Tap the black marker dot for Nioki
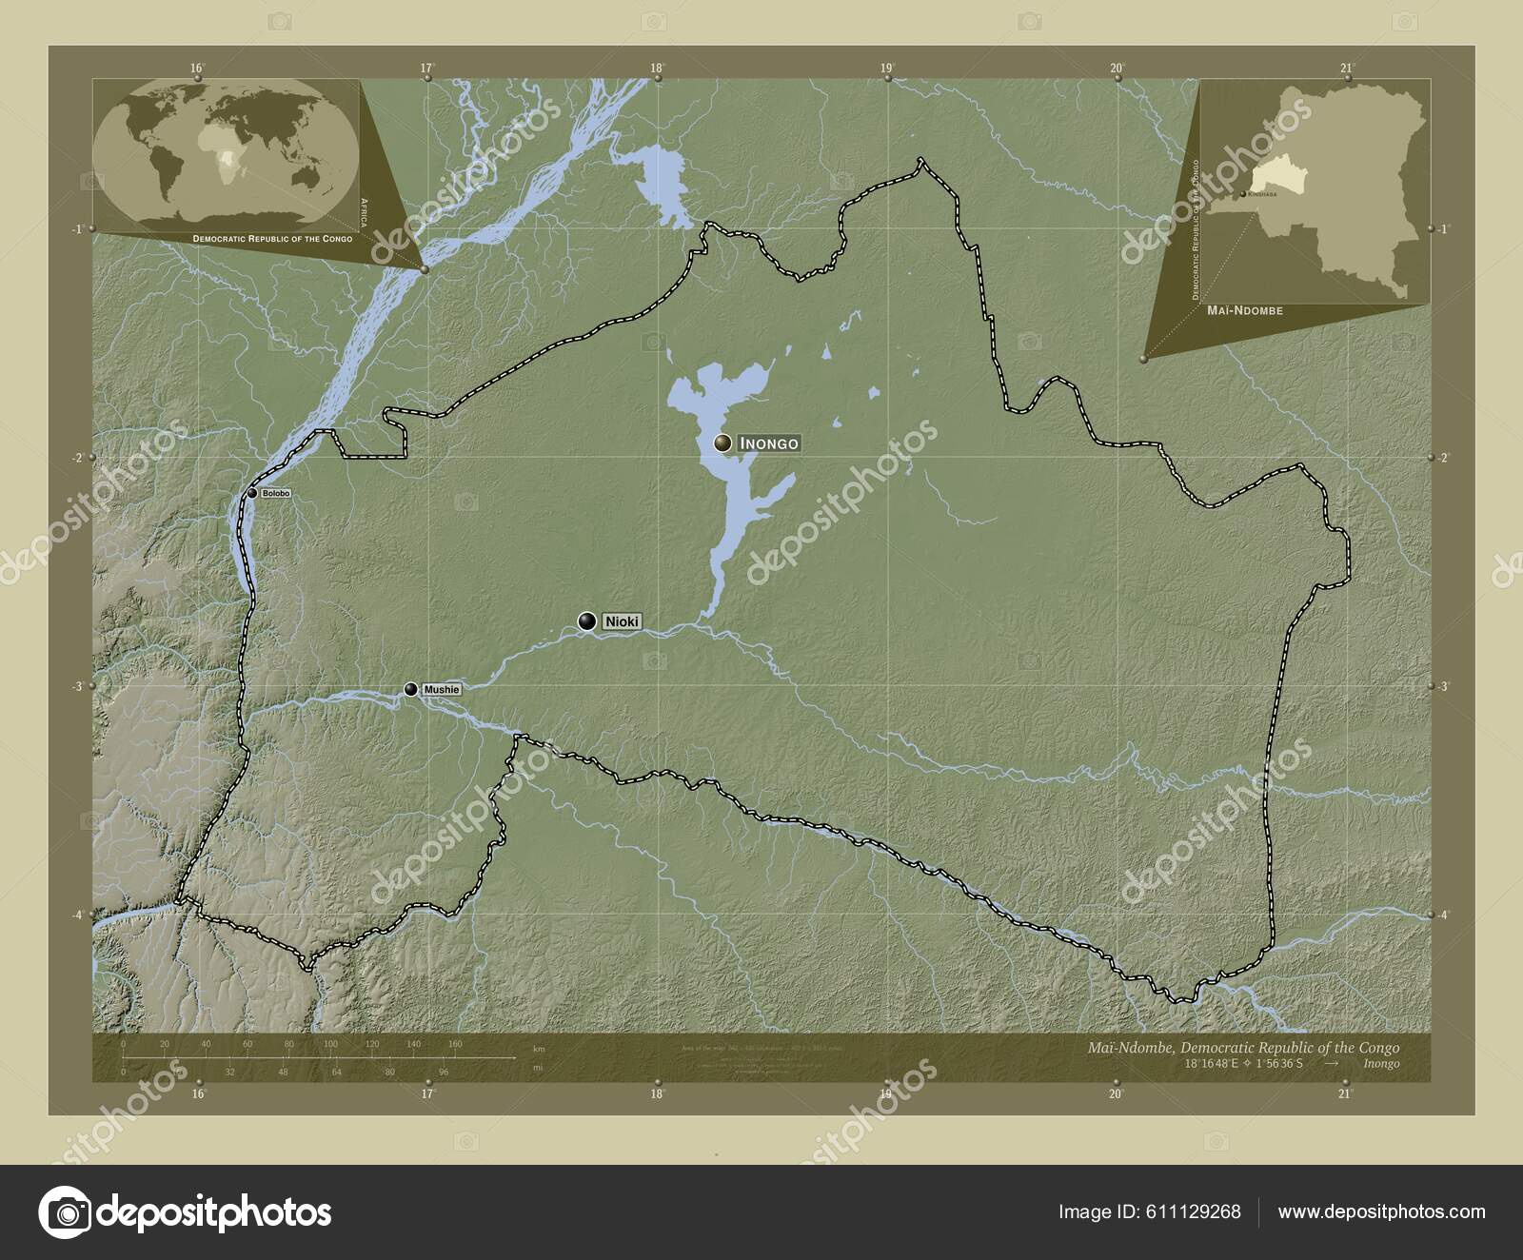pos(587,621)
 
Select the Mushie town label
pos(442,689)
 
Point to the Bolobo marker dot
pos(252,493)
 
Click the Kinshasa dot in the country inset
pos(1241,194)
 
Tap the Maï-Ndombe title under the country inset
pos(1246,310)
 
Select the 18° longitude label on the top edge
pos(657,68)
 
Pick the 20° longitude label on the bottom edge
pos(1117,1094)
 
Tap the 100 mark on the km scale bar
pos(330,1044)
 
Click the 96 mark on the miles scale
pos(444,1072)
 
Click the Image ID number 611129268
pos(1190,1211)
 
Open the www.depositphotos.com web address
pos(1381,1211)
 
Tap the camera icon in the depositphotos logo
pos(65,1212)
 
